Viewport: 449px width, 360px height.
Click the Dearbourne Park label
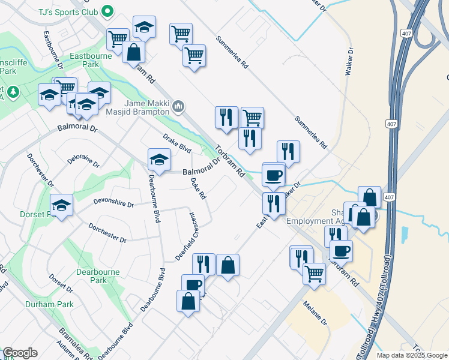coord(99,275)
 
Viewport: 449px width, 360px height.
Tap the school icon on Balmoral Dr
coord(159,160)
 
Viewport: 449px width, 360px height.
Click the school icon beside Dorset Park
coord(61,205)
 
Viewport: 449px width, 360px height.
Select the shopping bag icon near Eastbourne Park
coord(133,52)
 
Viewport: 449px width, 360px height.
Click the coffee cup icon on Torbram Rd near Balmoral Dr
coord(273,175)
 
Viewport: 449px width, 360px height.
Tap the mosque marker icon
coord(178,107)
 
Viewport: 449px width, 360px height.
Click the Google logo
coord(19,353)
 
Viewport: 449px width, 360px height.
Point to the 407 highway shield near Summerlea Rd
coord(389,123)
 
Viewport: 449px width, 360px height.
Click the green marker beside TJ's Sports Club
coord(107,10)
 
